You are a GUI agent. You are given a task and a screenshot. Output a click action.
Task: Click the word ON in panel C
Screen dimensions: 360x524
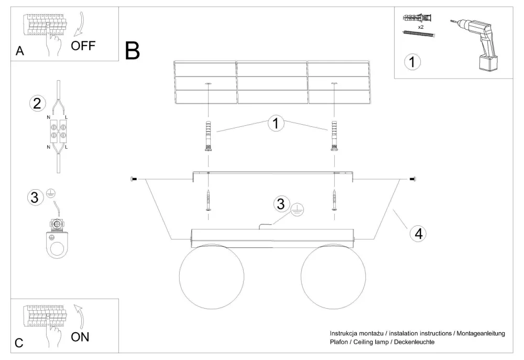(80, 336)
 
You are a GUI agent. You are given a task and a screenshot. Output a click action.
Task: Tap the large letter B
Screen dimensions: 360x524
(133, 50)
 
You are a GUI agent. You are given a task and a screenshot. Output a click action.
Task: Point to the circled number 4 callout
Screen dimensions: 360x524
(417, 234)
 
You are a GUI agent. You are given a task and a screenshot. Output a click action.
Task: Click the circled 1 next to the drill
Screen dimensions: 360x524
(412, 62)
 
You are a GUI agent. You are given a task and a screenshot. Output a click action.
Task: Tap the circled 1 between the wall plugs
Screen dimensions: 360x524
(276, 124)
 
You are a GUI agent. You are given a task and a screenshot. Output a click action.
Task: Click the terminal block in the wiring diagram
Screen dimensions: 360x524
(57, 130)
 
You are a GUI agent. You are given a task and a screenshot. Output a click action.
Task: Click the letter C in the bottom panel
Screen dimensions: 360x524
(19, 343)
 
